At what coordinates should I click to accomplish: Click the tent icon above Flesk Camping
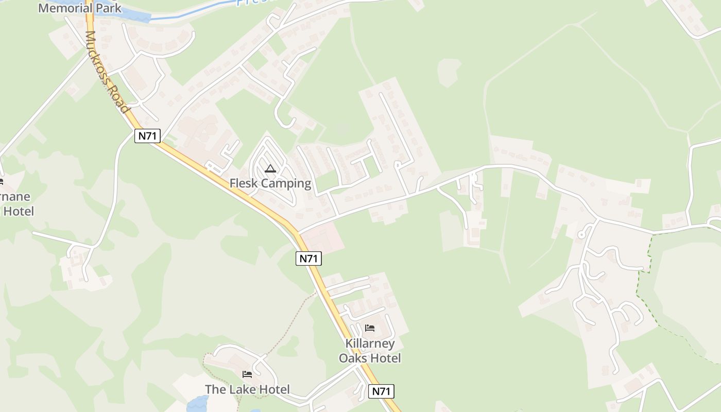tap(270, 168)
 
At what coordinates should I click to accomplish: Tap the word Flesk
tap(245, 183)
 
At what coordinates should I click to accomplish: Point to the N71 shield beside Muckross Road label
tap(148, 136)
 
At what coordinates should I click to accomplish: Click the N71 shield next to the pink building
tap(308, 259)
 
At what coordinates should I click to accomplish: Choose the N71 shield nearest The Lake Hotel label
tap(381, 391)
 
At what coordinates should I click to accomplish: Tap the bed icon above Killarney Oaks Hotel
tap(370, 328)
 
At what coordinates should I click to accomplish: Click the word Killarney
tap(370, 344)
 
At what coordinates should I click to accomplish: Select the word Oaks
tap(355, 358)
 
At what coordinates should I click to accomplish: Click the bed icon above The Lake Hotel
tap(247, 374)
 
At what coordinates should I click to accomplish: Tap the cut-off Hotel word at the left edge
tap(19, 211)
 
